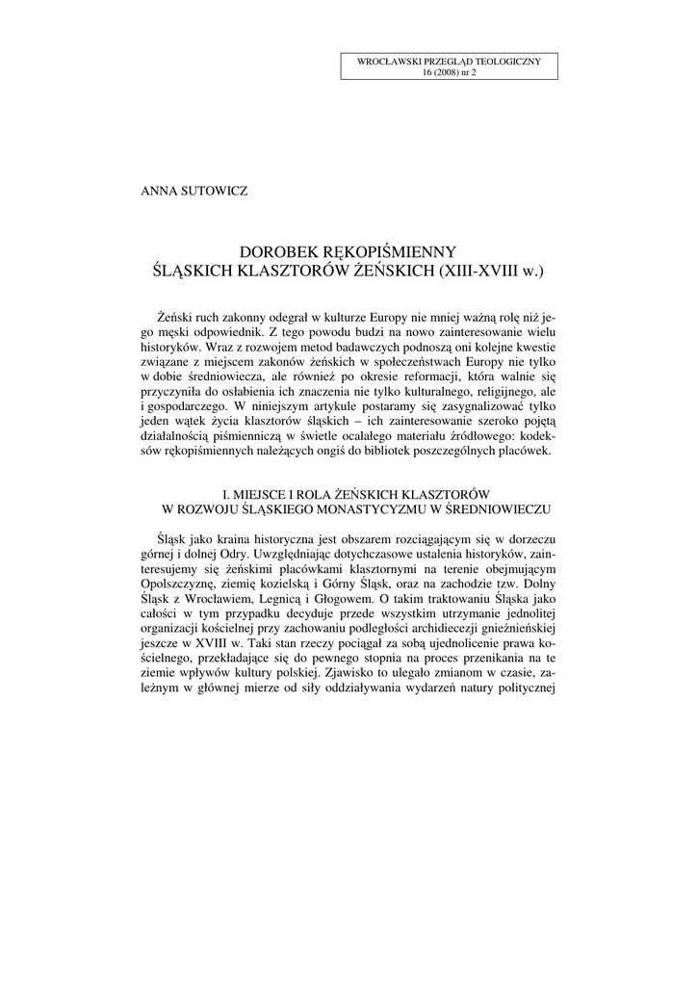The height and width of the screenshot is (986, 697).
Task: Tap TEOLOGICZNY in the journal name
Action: [509, 62]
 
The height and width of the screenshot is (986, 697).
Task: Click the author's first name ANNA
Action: [160, 191]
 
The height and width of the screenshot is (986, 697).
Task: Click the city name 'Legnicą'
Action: [318, 603]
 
